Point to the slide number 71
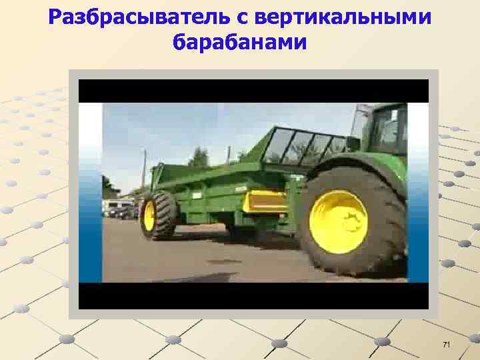pos(447,344)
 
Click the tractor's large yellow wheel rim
pos(339,221)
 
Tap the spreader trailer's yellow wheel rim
pos(149,215)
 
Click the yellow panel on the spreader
pos(265,201)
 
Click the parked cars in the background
pos(120,209)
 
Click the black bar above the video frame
pos(253,91)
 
